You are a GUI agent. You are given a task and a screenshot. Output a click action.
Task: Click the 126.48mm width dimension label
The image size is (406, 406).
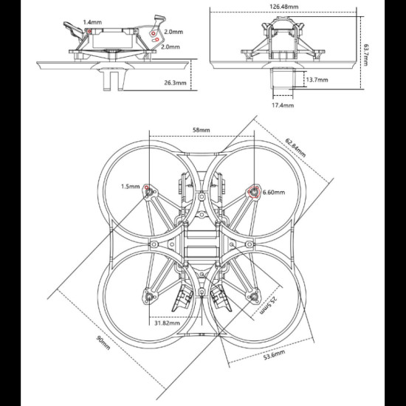[283, 7]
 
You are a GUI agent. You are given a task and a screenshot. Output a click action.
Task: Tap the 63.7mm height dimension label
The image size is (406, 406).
[365, 55]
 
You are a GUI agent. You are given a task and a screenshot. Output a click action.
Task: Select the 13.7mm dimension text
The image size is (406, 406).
[317, 80]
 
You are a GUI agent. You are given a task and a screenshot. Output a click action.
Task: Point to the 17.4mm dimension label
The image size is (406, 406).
[283, 105]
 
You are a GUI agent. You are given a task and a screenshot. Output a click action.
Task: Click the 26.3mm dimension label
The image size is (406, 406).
[175, 83]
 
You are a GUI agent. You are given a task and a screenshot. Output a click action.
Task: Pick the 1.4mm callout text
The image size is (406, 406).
[92, 22]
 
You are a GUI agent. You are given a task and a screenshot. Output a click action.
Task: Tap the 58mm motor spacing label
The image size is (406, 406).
[202, 130]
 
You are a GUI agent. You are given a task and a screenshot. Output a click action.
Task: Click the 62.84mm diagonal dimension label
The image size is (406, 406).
[295, 148]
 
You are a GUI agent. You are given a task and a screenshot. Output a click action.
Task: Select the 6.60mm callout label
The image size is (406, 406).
[274, 192]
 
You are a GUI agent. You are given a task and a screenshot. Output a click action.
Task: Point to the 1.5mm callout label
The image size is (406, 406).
[130, 187]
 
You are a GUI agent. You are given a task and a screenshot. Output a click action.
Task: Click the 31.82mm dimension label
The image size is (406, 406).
[167, 323]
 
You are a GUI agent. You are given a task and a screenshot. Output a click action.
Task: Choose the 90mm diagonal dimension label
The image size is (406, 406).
[103, 343]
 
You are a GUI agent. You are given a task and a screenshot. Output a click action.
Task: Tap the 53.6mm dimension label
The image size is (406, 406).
[274, 355]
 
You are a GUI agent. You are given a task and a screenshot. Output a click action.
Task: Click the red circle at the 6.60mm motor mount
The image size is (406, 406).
[254, 192]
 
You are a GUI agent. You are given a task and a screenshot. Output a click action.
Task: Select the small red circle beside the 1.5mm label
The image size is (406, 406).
[147, 187]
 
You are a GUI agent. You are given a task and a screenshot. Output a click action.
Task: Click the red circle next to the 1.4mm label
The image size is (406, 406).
[89, 31]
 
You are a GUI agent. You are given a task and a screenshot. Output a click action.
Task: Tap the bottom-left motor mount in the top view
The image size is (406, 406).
[150, 297]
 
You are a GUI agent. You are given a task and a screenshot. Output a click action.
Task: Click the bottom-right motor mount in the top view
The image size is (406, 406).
[252, 297]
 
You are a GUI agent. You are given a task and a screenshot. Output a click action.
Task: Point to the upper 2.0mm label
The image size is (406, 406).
[173, 32]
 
